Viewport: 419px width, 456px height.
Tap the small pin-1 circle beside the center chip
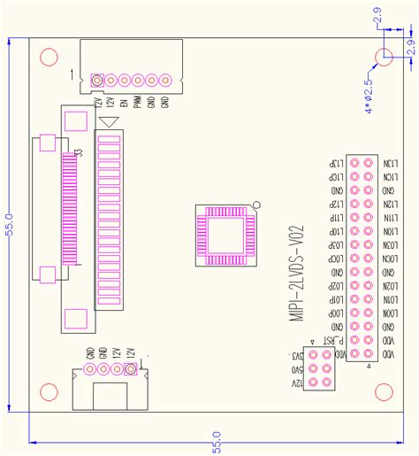pyautogui.click(x=256, y=206)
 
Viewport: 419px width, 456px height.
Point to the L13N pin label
pyautogui.click(x=387, y=165)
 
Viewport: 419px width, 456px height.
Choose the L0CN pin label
pyautogui.click(x=387, y=258)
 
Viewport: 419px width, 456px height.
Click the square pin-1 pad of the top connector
pyautogui.click(x=98, y=81)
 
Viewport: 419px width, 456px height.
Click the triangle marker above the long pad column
pyautogui.click(x=109, y=123)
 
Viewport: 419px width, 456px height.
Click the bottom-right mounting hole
pyautogui.click(x=384, y=393)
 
